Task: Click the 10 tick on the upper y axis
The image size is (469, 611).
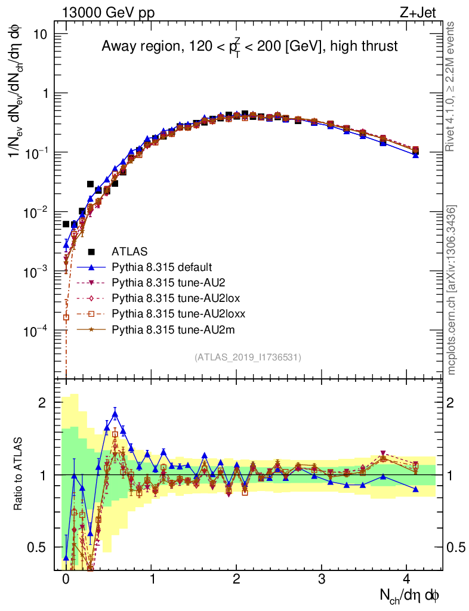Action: pos(40,34)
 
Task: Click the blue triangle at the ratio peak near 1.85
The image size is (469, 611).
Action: pos(115,413)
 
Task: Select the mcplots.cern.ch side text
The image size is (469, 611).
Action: pos(452,289)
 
